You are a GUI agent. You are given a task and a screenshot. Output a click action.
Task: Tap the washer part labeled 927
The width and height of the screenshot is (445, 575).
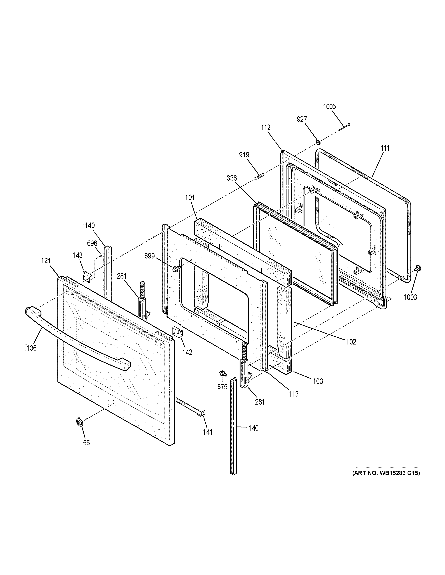pyautogui.click(x=318, y=142)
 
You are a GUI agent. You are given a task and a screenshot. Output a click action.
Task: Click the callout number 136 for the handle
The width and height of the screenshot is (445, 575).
pyautogui.click(x=31, y=348)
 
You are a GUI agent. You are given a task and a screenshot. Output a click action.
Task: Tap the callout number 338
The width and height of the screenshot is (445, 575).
pyautogui.click(x=232, y=178)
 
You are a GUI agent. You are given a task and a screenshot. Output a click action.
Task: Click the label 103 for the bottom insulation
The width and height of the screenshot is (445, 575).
pyautogui.click(x=318, y=381)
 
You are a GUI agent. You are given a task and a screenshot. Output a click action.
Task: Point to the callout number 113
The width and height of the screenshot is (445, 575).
pyautogui.click(x=293, y=394)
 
